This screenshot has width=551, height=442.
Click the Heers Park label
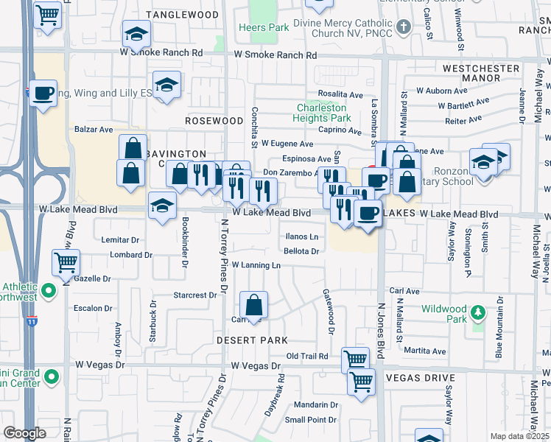tap(253, 28)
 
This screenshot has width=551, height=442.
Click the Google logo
tap(24, 432)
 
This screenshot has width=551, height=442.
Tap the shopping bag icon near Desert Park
tap(253, 306)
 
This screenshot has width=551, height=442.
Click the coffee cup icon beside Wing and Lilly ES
tap(43, 94)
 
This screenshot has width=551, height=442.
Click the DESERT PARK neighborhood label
tap(252, 340)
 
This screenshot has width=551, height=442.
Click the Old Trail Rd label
tap(306, 357)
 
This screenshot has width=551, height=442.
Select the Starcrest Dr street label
tap(194, 295)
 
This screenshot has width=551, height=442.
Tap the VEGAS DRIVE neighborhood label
tap(417, 378)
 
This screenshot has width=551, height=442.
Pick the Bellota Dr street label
tap(301, 251)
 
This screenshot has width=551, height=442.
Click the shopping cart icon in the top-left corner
tap(48, 15)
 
